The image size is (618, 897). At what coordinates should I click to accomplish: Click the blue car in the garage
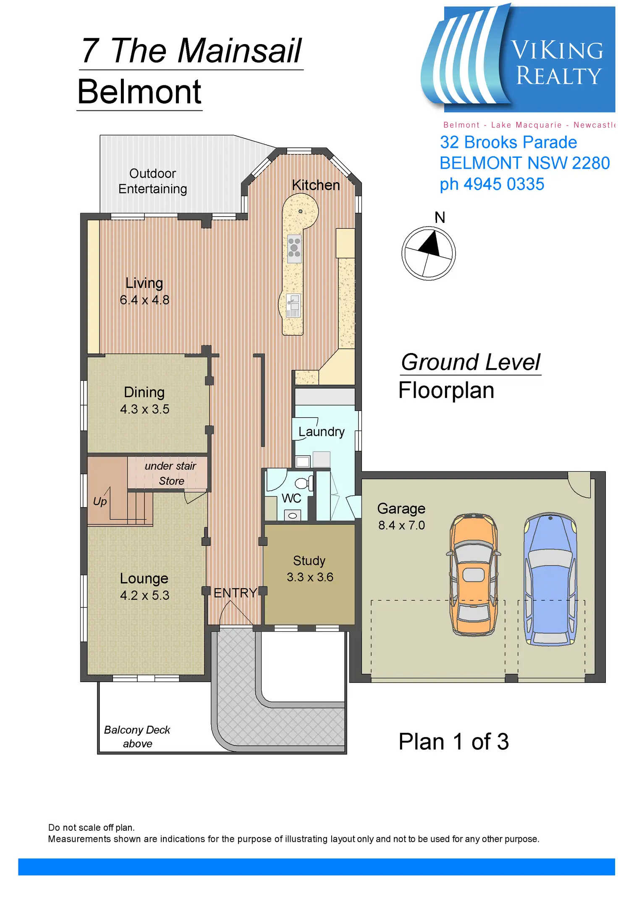[550, 579]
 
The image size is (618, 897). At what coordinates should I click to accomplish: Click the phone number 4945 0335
[504, 184]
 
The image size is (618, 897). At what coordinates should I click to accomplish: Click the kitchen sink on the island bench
[293, 305]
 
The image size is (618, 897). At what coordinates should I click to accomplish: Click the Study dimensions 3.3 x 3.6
[310, 577]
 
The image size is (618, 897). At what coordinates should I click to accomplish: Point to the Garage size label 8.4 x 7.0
[401, 525]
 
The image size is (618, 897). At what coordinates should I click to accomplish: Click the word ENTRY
[235, 593]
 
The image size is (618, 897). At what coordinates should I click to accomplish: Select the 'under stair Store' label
[170, 473]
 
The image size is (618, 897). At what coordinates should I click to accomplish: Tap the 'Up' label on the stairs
[100, 502]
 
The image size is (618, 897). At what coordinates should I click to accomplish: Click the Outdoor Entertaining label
[153, 181]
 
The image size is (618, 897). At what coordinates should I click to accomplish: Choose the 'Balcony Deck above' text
[137, 737]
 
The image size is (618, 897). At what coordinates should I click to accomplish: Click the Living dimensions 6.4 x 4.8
[144, 300]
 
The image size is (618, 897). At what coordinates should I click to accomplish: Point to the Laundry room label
[322, 432]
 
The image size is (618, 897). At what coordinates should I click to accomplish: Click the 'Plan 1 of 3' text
[454, 742]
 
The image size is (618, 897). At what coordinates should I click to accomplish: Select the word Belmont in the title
[139, 92]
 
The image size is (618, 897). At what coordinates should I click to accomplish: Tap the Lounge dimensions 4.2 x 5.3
[144, 595]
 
